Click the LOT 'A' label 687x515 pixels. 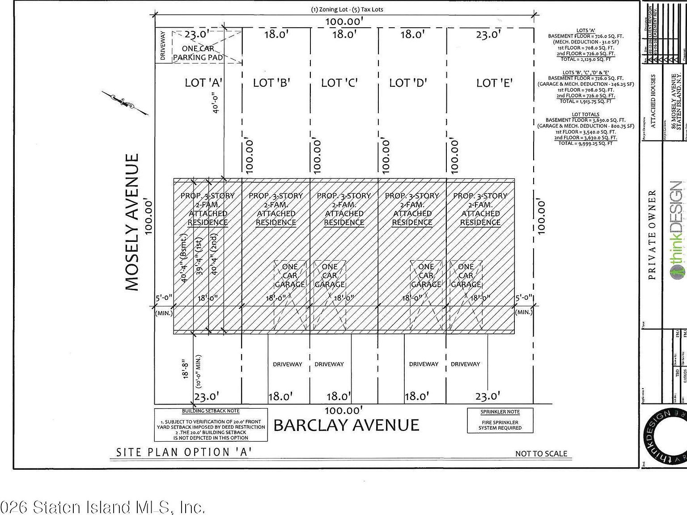pyautogui.click(x=204, y=83)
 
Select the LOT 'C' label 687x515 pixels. pyautogui.click(x=340, y=83)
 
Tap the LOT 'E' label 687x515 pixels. pyautogui.click(x=494, y=83)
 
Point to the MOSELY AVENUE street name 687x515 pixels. pyautogui.click(x=132, y=222)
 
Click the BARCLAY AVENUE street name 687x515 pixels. pyautogui.click(x=346, y=425)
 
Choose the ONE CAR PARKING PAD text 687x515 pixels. pyautogui.click(x=198, y=53)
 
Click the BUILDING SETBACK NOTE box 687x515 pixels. pyautogui.click(x=211, y=424)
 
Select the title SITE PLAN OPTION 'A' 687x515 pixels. pyautogui.click(x=183, y=452)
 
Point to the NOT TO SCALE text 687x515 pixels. pyautogui.click(x=541, y=454)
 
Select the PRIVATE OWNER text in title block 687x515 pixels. pyautogui.click(x=652, y=235)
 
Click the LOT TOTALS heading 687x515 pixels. pyautogui.click(x=585, y=114)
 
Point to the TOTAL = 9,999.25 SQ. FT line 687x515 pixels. pyautogui.click(x=585, y=143)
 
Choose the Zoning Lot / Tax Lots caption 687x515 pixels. pyautogui.click(x=347, y=9)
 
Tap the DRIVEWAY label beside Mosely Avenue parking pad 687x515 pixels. pyautogui.click(x=163, y=46)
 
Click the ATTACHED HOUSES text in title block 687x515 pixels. pyautogui.click(x=653, y=102)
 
